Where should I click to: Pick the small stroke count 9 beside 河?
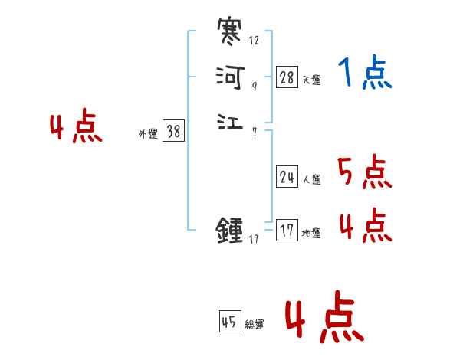[x=254, y=86]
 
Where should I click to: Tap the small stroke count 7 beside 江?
[x=254, y=131]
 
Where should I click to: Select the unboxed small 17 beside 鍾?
[x=255, y=240]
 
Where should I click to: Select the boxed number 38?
[x=173, y=131]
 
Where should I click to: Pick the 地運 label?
[x=311, y=234]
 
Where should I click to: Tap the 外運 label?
[x=148, y=134]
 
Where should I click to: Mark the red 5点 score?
[x=365, y=172]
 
